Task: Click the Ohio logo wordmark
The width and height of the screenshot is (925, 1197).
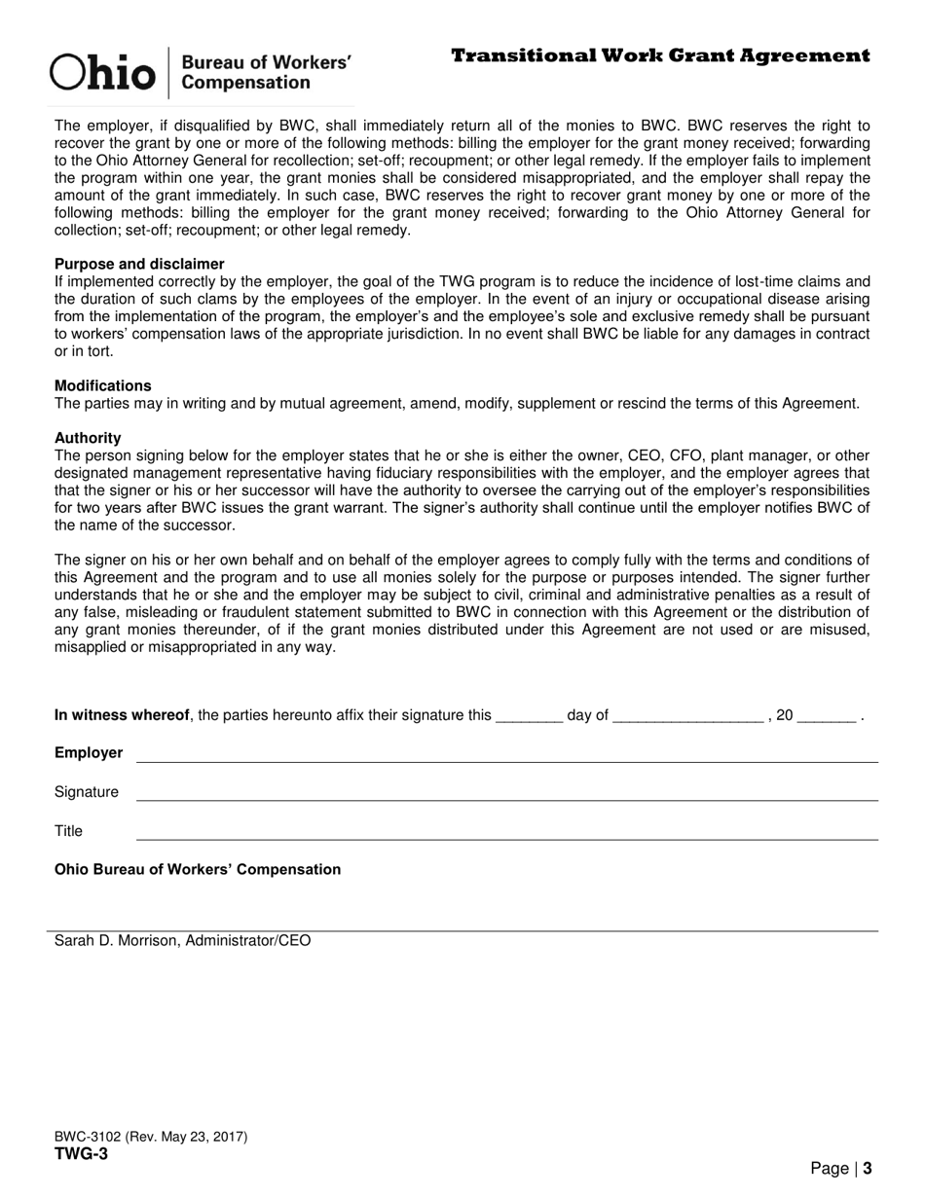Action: [103, 72]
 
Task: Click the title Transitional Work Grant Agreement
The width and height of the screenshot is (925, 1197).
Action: [660, 55]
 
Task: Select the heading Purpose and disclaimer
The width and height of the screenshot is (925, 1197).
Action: [139, 264]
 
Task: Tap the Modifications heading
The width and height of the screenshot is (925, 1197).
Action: [103, 385]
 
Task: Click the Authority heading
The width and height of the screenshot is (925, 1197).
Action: [88, 438]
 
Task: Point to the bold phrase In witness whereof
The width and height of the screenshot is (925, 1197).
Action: [122, 715]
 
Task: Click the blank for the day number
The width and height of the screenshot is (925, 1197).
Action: [529, 718]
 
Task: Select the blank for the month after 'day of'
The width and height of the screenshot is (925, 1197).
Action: [688, 718]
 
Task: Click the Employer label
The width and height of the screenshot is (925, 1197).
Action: [89, 753]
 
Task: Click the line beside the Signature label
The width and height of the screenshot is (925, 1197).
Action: [506, 798]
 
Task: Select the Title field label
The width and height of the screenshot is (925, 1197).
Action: [68, 831]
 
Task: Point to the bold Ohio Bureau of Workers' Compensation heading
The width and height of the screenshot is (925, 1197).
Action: [198, 869]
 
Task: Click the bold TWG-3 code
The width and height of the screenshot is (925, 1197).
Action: [81, 1154]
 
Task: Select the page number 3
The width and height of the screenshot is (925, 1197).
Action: [867, 1169]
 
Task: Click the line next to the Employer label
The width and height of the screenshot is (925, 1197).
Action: [506, 760]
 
